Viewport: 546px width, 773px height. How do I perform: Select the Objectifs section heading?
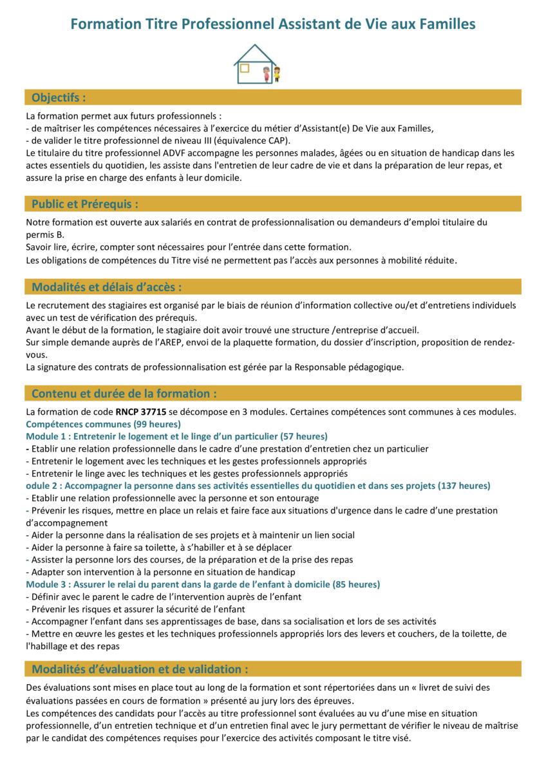click(x=59, y=97)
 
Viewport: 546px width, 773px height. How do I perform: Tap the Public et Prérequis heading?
click(x=85, y=204)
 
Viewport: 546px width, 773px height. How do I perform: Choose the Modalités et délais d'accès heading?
click(x=106, y=287)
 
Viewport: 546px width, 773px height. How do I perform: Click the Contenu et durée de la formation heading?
click(x=124, y=393)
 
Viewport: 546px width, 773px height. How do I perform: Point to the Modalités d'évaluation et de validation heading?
click(x=140, y=669)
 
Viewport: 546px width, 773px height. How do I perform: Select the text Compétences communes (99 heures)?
click(x=103, y=424)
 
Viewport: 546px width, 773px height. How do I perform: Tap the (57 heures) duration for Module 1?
click(x=303, y=436)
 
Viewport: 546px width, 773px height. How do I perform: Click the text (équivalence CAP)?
click(x=255, y=140)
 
